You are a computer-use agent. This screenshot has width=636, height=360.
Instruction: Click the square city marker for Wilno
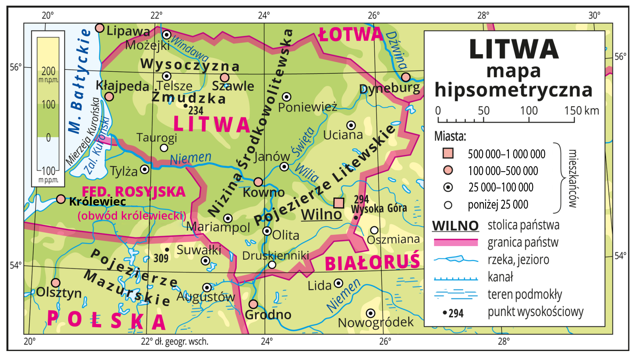click(x=338, y=202)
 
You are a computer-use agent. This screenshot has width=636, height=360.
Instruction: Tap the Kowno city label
click(x=264, y=192)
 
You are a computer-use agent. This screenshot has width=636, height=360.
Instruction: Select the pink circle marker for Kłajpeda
click(x=109, y=96)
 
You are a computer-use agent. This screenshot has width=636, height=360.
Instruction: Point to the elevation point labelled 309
click(x=167, y=250)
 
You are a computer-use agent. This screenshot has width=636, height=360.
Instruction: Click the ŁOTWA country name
click(x=351, y=34)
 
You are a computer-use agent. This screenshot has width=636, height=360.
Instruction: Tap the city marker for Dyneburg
click(x=406, y=77)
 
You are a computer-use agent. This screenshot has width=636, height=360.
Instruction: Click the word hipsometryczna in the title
click(x=514, y=90)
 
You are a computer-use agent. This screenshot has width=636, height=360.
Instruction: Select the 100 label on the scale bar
click(x=529, y=111)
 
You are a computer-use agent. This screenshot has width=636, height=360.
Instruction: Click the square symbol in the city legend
click(x=448, y=153)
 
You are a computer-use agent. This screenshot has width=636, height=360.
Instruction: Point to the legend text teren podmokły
click(x=525, y=294)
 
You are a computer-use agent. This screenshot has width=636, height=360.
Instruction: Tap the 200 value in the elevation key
click(x=48, y=71)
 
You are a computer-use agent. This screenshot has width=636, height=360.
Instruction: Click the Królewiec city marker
click(x=60, y=199)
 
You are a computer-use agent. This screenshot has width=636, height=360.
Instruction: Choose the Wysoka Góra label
click(x=379, y=209)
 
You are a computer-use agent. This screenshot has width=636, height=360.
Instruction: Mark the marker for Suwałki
click(x=206, y=261)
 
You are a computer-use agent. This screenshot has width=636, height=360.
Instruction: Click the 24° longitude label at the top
click(x=264, y=15)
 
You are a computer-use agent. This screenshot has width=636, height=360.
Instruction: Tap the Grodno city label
click(x=268, y=315)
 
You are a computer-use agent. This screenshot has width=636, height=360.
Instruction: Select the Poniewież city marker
click(x=287, y=97)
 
